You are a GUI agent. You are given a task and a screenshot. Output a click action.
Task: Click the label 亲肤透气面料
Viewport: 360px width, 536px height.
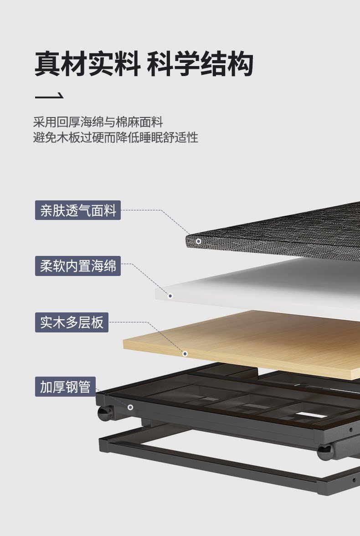click(x=78, y=210)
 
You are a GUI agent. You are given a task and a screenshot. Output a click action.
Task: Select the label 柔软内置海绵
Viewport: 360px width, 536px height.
click(x=78, y=265)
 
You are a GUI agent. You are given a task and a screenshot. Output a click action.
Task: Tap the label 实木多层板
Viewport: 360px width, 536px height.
click(x=72, y=322)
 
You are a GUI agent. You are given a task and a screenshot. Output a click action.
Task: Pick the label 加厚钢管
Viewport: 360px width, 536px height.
click(x=66, y=387)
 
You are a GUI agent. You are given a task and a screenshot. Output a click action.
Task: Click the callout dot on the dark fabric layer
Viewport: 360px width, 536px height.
click(x=198, y=241)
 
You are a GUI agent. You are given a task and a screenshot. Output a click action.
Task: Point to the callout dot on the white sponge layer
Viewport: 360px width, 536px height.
click(x=170, y=296)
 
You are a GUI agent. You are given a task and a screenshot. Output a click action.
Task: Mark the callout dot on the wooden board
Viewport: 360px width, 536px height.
click(x=185, y=353)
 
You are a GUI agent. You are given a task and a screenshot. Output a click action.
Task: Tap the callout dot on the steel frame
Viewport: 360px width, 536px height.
click(x=130, y=407)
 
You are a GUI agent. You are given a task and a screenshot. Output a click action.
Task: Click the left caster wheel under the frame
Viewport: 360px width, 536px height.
click(x=105, y=413)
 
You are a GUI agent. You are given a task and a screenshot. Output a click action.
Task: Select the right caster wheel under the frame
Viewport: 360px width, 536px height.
click(x=325, y=452)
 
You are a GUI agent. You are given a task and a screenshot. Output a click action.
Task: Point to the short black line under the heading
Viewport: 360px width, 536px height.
click(x=49, y=97)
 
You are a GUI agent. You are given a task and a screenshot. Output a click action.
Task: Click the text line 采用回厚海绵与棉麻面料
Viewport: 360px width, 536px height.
click(x=98, y=122)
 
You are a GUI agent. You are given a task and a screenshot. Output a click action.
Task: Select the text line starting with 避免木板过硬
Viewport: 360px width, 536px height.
click(x=115, y=137)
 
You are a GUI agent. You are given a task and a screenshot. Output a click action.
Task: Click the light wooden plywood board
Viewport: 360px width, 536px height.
click(x=255, y=342)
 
